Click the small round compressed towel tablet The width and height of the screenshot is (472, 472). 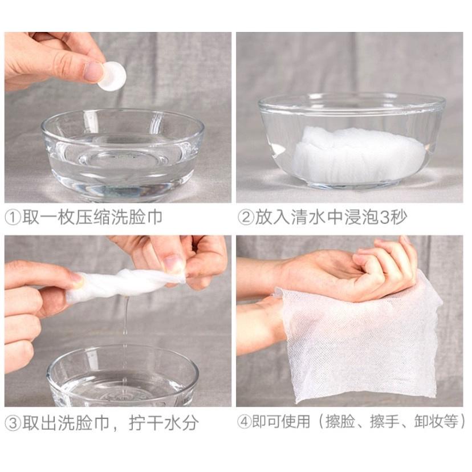pyautogui.click(x=112, y=76)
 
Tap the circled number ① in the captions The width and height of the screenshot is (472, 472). pyautogui.click(x=13, y=218)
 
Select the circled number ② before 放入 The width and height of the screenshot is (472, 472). pyautogui.click(x=246, y=217)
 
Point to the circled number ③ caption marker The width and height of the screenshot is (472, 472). pyautogui.click(x=13, y=423)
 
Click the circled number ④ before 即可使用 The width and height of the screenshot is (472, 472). pyautogui.click(x=244, y=422)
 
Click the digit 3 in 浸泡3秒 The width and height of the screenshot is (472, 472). pyautogui.click(x=385, y=217)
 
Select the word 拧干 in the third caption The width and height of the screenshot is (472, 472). pyautogui.click(x=147, y=422)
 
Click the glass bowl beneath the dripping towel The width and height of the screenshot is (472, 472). pyautogui.click(x=123, y=376)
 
